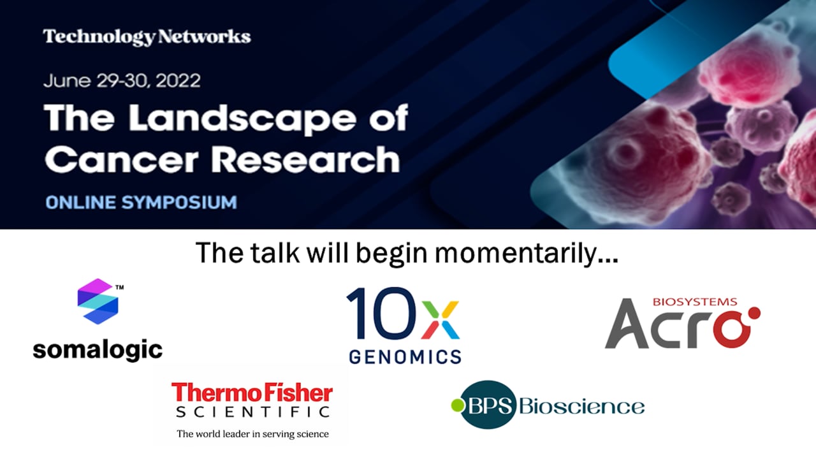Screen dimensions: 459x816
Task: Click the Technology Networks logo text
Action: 147,37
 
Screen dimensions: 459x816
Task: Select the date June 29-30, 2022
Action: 122,82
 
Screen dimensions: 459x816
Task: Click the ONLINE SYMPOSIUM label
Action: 141,203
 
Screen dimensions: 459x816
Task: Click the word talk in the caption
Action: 269,253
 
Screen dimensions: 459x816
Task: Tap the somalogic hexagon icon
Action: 98,301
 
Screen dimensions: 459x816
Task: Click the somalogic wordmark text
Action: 98,349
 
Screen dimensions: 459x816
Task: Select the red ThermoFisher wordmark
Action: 252,392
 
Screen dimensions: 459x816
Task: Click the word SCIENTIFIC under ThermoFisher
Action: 252,412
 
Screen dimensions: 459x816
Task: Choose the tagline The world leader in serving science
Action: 252,434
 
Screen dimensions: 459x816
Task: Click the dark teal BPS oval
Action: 488,405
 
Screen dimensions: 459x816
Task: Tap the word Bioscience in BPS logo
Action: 581,405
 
